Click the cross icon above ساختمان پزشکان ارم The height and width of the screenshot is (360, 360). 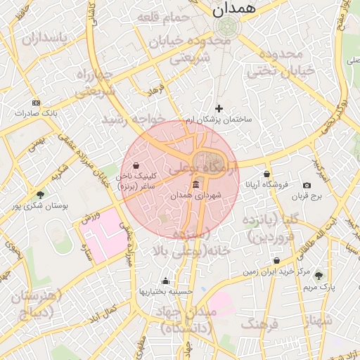pos(219,108)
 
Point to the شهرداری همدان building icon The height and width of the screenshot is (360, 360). pos(195,184)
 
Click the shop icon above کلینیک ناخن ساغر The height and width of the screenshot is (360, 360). pos(145,166)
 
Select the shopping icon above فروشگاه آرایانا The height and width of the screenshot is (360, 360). pos(266,174)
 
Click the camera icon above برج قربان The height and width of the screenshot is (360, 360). pos(307,185)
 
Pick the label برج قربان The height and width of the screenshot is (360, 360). pos(307,195)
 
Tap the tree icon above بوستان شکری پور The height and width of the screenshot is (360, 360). pos(40,195)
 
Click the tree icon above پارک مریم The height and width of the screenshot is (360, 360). pos(319,276)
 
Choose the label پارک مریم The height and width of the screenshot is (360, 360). pos(319,286)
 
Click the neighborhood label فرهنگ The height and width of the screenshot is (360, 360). pos(261,324)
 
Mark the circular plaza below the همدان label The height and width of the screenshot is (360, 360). pos(226,28)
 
